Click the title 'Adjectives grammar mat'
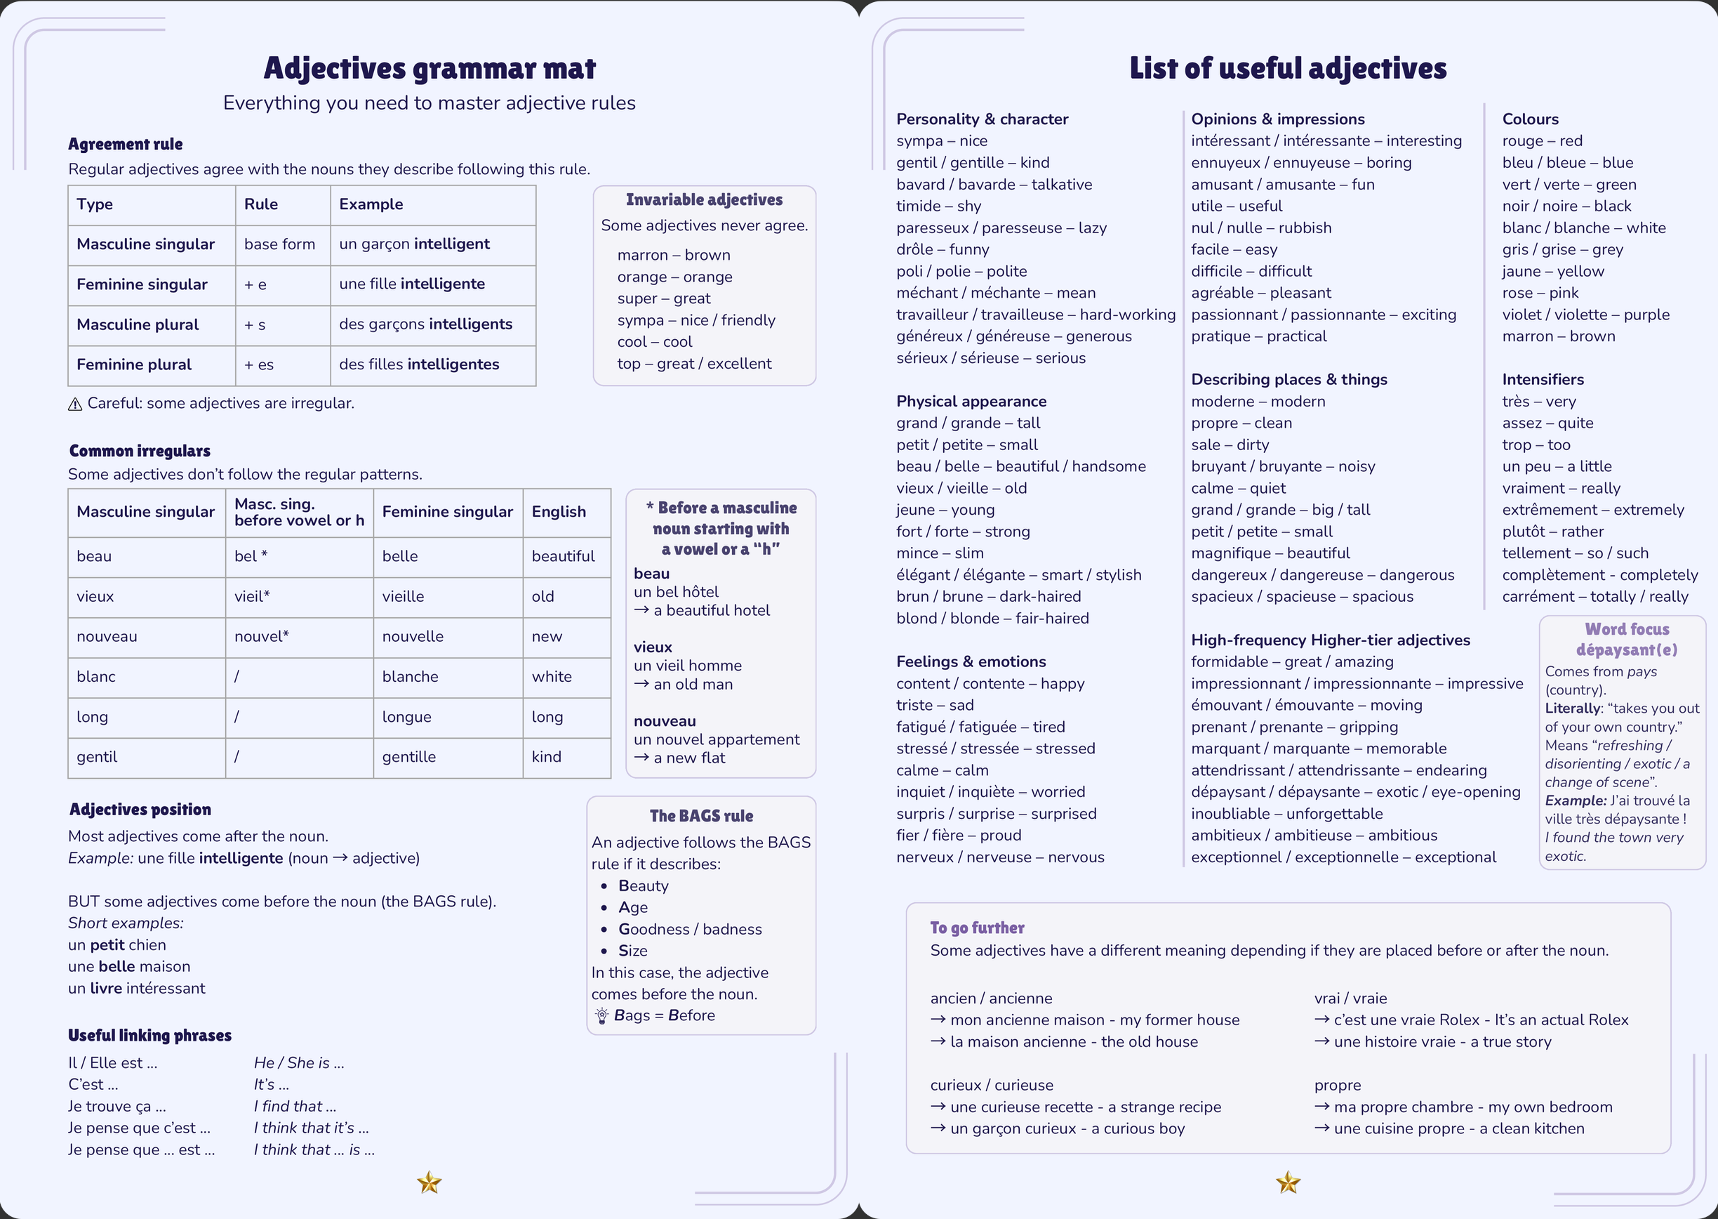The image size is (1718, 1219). (x=429, y=68)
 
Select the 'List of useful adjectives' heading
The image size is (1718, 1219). (x=1287, y=68)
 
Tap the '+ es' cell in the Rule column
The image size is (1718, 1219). (x=259, y=365)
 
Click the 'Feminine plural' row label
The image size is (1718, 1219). (x=134, y=365)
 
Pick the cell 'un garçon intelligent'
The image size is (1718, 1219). (x=414, y=244)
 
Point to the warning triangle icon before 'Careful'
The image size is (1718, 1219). (x=75, y=404)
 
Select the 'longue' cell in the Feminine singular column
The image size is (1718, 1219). (x=406, y=717)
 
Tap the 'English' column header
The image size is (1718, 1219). (x=559, y=512)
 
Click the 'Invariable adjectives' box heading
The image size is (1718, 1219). (x=704, y=199)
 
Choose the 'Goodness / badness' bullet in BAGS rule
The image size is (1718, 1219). (x=689, y=929)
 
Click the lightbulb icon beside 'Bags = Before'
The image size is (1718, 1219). (x=601, y=1016)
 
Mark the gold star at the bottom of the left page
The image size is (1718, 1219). (x=429, y=1183)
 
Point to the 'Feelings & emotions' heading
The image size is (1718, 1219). (x=971, y=661)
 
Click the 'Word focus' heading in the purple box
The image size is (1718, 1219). (x=1627, y=629)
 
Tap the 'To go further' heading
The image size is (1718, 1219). (x=977, y=928)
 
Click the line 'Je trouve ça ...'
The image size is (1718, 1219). (x=117, y=1107)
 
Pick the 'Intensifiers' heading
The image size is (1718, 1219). (x=1543, y=380)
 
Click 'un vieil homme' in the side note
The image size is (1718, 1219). (x=687, y=666)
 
